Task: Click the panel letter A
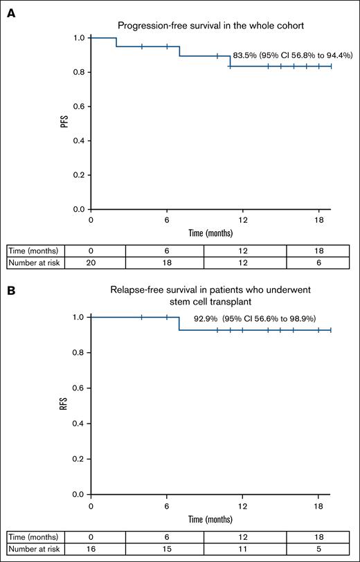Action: coord(10,13)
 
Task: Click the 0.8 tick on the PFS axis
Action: coord(80,72)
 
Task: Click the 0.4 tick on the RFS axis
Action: coord(80,424)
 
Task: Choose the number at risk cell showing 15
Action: coord(167,547)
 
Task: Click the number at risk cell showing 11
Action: coord(242,547)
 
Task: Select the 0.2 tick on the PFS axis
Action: coord(80,174)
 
